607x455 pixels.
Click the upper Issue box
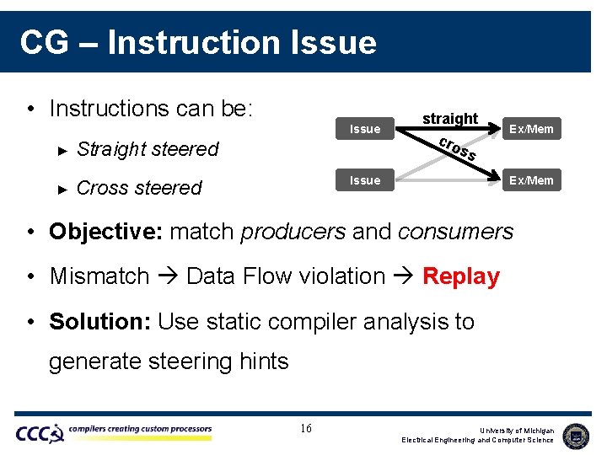364,129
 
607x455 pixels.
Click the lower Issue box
364,179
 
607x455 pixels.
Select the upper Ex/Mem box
531,129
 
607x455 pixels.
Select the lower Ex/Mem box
531,179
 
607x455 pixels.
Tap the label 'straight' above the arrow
450,118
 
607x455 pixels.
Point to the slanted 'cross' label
459,148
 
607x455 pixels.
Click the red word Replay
460,276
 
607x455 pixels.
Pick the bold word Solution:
99,322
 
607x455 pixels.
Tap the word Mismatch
99,276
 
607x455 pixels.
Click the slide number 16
306,429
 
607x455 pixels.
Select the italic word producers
293,231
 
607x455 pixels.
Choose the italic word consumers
454,231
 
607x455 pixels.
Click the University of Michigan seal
576,435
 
